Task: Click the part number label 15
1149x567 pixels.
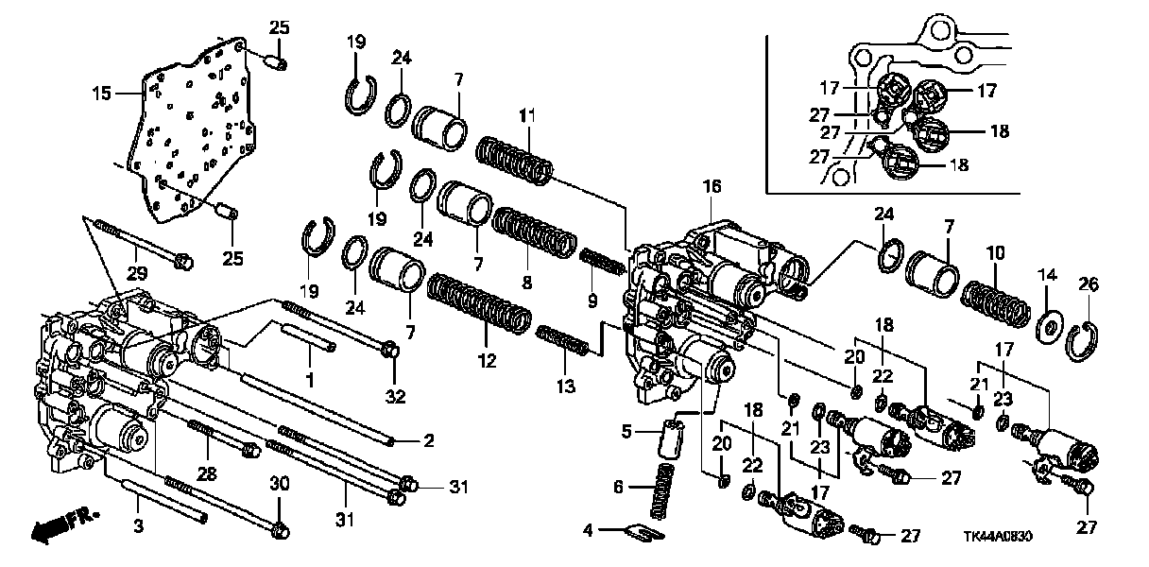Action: (x=101, y=94)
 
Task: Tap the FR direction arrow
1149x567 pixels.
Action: (x=64, y=527)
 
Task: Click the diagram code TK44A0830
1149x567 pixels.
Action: (x=997, y=537)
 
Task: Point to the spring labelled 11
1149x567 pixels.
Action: (x=514, y=160)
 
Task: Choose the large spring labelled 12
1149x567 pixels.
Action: (x=478, y=303)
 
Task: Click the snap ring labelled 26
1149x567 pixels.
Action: (x=1082, y=341)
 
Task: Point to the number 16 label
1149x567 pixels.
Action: (x=712, y=186)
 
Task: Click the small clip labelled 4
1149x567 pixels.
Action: (x=645, y=533)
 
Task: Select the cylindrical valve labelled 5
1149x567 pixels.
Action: (x=672, y=438)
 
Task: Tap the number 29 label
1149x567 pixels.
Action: (x=137, y=273)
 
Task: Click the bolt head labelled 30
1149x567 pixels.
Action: (x=279, y=530)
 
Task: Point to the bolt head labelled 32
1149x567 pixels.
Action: (x=391, y=351)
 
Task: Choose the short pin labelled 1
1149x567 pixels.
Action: (x=308, y=336)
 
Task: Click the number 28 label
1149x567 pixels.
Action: (x=207, y=473)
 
